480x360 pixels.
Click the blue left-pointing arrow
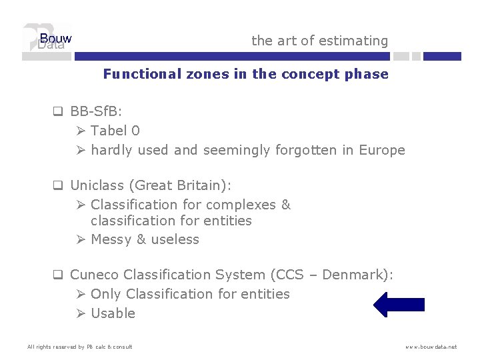(x=399, y=305)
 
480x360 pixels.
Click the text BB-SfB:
(x=96, y=111)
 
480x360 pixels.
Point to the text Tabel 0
(x=115, y=130)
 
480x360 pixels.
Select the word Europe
(x=382, y=150)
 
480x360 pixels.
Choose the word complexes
(x=244, y=205)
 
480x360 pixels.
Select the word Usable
(x=113, y=313)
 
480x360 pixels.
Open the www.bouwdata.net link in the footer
(x=431, y=347)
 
